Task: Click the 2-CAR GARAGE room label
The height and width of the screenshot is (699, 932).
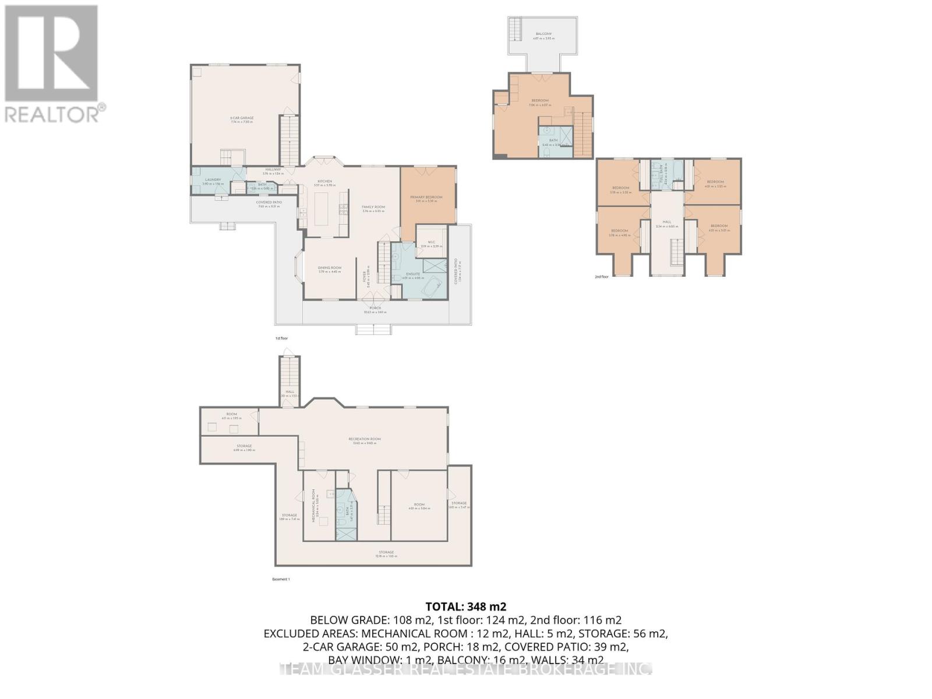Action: coord(242,118)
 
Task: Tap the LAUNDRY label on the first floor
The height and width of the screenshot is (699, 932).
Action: coord(211,180)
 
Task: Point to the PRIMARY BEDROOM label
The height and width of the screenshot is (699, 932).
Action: coord(426,197)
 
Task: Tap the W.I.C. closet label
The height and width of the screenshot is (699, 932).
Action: coord(432,242)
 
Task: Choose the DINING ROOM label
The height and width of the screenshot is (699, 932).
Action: coord(330,268)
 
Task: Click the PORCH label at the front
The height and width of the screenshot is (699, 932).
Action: coord(375,308)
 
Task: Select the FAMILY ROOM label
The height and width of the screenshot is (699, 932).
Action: coord(373,207)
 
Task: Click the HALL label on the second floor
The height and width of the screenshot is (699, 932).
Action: coord(667,222)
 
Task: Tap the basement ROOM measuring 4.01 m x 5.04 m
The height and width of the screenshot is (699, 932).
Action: coord(419,505)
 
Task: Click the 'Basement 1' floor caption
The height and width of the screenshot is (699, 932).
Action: coord(281,579)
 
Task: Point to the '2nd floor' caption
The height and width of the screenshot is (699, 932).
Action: coord(601,277)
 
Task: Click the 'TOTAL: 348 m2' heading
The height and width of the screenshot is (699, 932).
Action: coord(465,606)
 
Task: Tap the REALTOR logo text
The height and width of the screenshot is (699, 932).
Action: coord(52,114)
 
